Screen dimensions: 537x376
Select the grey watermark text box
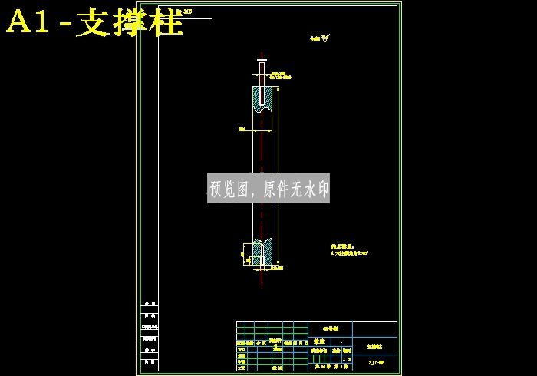click(x=268, y=188)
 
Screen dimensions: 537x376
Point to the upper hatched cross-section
click(x=262, y=98)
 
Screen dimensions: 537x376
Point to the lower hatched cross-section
click(x=262, y=252)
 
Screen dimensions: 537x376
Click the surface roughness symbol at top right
click(x=319, y=38)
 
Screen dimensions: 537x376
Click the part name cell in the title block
click(x=374, y=347)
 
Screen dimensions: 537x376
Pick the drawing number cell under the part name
click(x=376, y=362)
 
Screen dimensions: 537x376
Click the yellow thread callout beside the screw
click(x=280, y=76)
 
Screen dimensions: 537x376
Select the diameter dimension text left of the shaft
click(x=242, y=130)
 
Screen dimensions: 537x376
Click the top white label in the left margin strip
click(x=150, y=305)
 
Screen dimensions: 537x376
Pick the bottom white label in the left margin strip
click(x=150, y=361)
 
